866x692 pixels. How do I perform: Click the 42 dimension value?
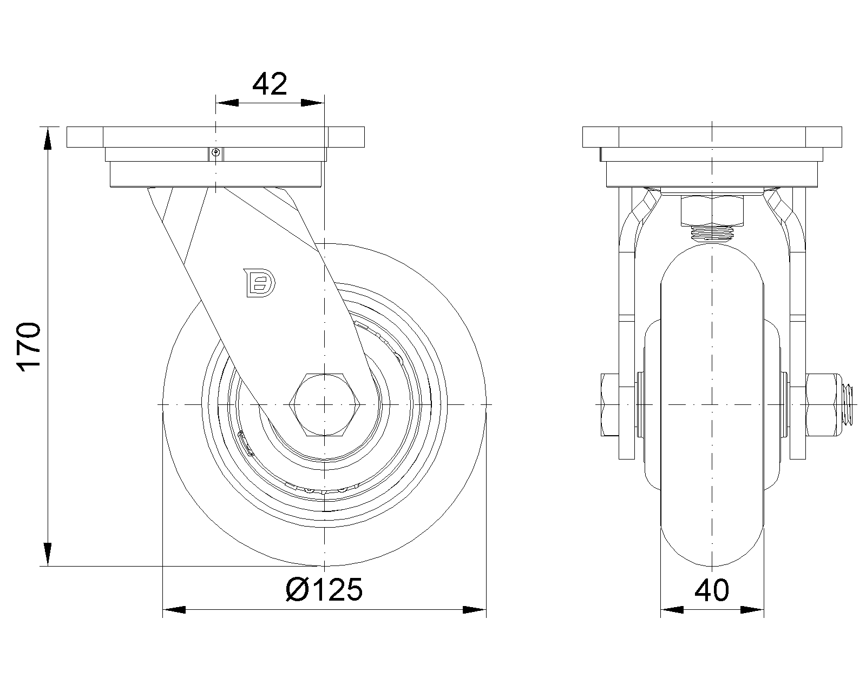click(x=270, y=84)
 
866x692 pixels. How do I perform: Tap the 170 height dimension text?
click(x=29, y=346)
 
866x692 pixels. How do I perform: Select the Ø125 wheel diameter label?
click(x=324, y=590)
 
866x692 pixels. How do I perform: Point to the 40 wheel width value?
click(x=711, y=590)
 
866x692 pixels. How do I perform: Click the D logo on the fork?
click(x=260, y=283)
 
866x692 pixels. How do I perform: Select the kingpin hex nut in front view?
click(x=712, y=211)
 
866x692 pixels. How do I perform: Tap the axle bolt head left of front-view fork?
click(x=609, y=404)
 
